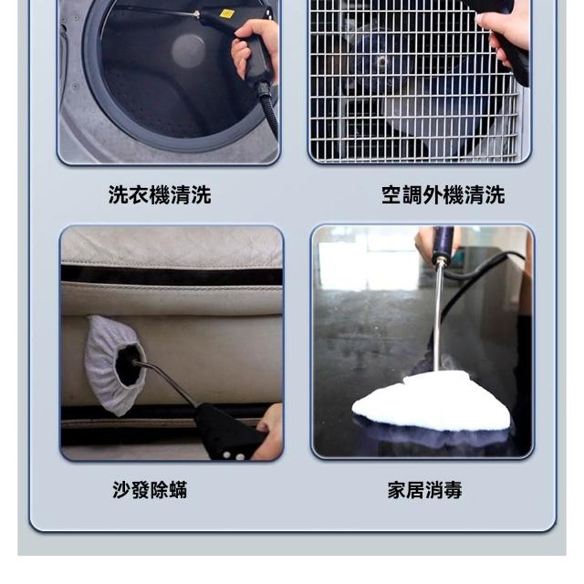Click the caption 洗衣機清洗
coord(160,194)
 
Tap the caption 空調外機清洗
coord(443,194)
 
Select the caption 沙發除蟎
coord(150,490)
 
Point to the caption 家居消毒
coord(425,490)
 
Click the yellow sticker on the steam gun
coord(227,15)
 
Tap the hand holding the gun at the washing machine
coord(255,48)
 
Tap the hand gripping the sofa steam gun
coord(270,432)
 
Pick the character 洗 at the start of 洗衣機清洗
coord(118,194)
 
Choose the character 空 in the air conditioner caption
coord(391,194)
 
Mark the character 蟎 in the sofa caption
coord(178,490)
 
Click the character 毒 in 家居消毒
coord(453,490)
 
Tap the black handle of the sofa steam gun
coord(228,433)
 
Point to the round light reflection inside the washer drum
coord(189,51)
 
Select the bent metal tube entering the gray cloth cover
coord(166,381)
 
